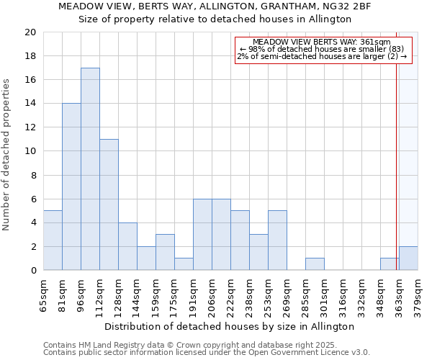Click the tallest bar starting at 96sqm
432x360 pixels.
point(90,169)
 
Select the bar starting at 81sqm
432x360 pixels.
point(71,186)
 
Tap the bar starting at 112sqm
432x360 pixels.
point(109,204)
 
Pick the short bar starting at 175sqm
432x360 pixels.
point(184,264)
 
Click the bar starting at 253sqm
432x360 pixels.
point(277,240)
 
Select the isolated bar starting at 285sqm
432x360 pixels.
point(315,264)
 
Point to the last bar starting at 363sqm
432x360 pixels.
point(408,258)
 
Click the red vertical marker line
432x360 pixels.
point(396,158)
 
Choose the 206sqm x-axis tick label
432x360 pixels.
point(212,293)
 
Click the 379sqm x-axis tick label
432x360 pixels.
point(418,293)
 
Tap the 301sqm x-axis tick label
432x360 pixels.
point(324,293)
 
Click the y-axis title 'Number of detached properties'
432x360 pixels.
point(6,155)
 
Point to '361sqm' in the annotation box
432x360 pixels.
point(374,42)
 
